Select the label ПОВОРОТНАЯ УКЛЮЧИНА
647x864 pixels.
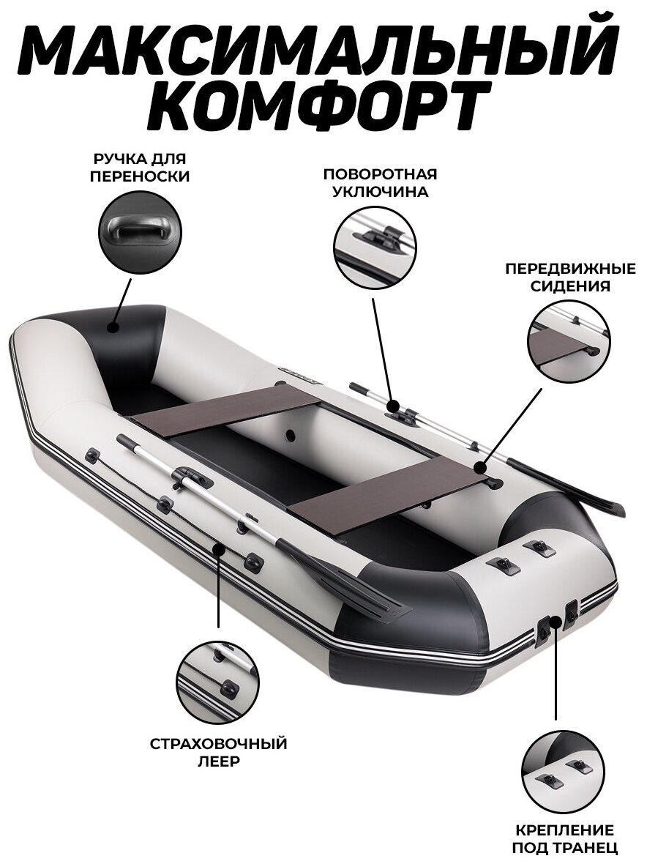(380, 183)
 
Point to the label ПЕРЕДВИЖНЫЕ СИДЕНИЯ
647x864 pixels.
(558, 277)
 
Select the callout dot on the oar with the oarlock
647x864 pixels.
(393, 406)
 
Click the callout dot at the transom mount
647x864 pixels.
(556, 623)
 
